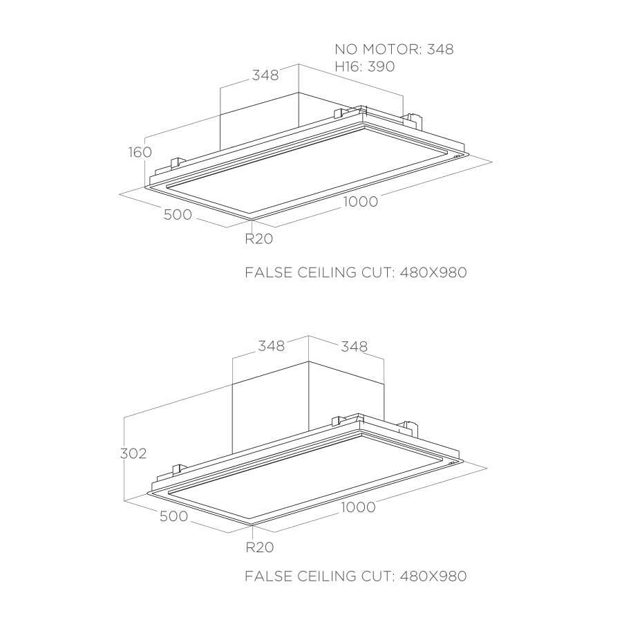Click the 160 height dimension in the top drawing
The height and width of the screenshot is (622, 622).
[x=140, y=152]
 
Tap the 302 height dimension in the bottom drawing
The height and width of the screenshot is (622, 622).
[x=133, y=453]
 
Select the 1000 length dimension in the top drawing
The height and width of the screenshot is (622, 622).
[x=361, y=202]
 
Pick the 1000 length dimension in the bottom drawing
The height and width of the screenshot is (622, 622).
[x=358, y=507]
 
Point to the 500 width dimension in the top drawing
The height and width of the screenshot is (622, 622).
[x=178, y=215]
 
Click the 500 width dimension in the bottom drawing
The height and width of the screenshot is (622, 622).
[x=173, y=516]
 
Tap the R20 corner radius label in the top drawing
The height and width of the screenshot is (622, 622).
[x=259, y=239]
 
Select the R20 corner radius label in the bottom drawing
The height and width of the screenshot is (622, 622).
[x=260, y=547]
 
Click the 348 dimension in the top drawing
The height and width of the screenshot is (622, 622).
[x=265, y=75]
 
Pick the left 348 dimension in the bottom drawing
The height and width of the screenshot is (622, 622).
[x=272, y=346]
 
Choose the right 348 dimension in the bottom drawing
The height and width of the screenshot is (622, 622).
[x=355, y=347]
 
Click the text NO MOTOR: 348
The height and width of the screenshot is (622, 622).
[x=395, y=49]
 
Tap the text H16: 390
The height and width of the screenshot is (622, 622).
[x=365, y=66]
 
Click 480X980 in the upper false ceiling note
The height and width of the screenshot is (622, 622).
[x=433, y=272]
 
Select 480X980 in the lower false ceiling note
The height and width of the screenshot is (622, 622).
[x=433, y=576]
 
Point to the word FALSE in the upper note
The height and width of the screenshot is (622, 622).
[x=267, y=272]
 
